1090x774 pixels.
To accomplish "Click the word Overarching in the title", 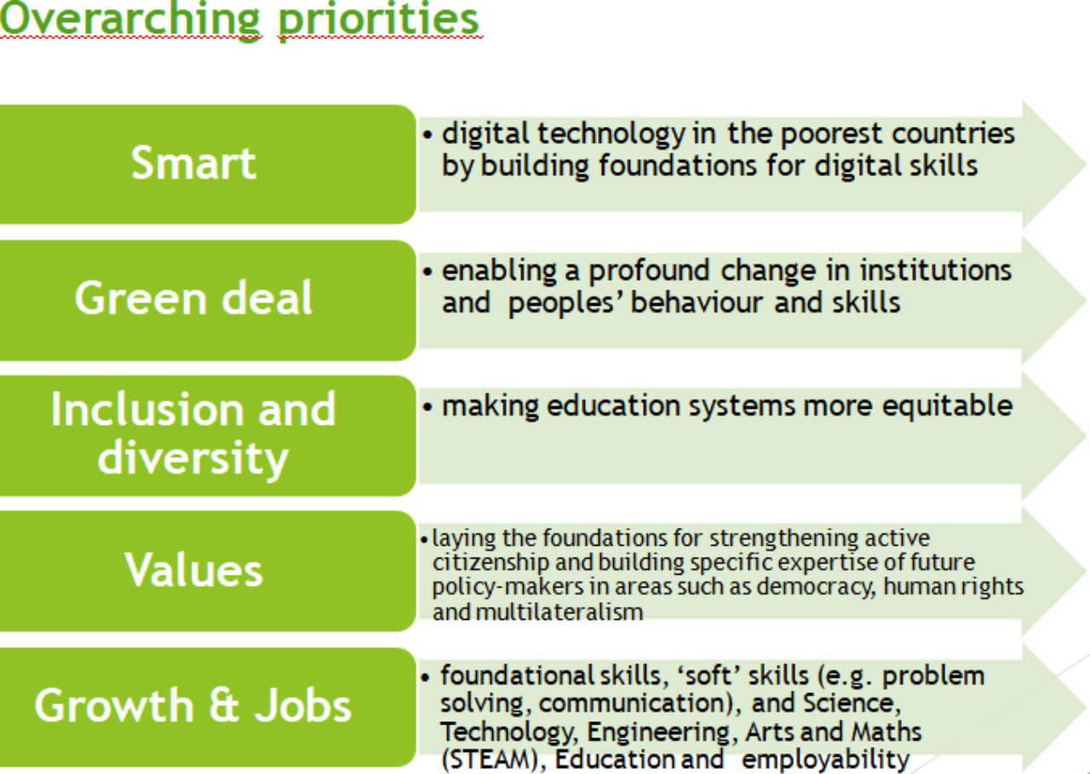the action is tap(130, 20).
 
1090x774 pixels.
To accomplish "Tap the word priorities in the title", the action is tap(379, 21).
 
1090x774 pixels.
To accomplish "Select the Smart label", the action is tap(193, 163).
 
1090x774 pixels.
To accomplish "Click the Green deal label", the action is tap(193, 298).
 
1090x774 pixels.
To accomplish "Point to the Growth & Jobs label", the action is tap(192, 705).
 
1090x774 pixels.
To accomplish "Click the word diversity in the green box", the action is tap(193, 459).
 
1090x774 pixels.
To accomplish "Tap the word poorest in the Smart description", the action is tap(832, 134).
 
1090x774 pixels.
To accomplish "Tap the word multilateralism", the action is tap(559, 611).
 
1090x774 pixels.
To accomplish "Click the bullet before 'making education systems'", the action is tap(427, 406).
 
